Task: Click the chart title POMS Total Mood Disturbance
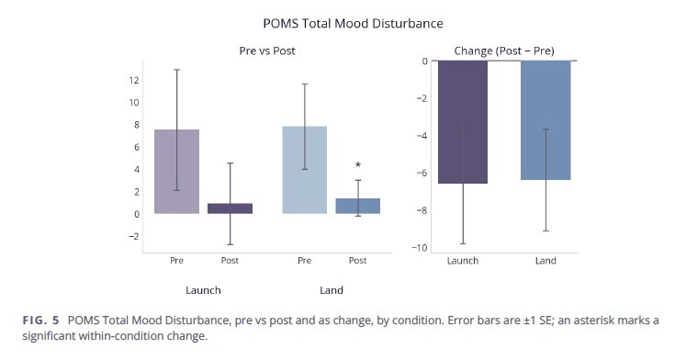point(353,23)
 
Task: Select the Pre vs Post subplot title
point(267,51)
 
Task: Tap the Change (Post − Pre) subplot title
point(504,51)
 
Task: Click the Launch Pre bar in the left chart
point(176,172)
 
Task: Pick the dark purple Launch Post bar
point(231,208)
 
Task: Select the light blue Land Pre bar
point(305,170)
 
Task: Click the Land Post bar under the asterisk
point(358,206)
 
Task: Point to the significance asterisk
point(358,165)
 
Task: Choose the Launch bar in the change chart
point(463,122)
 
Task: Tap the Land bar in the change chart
point(545,120)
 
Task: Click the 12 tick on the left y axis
point(134,80)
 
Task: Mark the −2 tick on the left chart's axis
point(134,236)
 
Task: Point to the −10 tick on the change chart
point(419,248)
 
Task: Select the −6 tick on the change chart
point(422,173)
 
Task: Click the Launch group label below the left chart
point(203,290)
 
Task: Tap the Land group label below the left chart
point(332,290)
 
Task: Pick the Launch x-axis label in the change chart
point(463,261)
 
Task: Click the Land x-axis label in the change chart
point(545,261)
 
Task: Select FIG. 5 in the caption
point(40,321)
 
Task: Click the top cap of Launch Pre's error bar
point(176,70)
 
